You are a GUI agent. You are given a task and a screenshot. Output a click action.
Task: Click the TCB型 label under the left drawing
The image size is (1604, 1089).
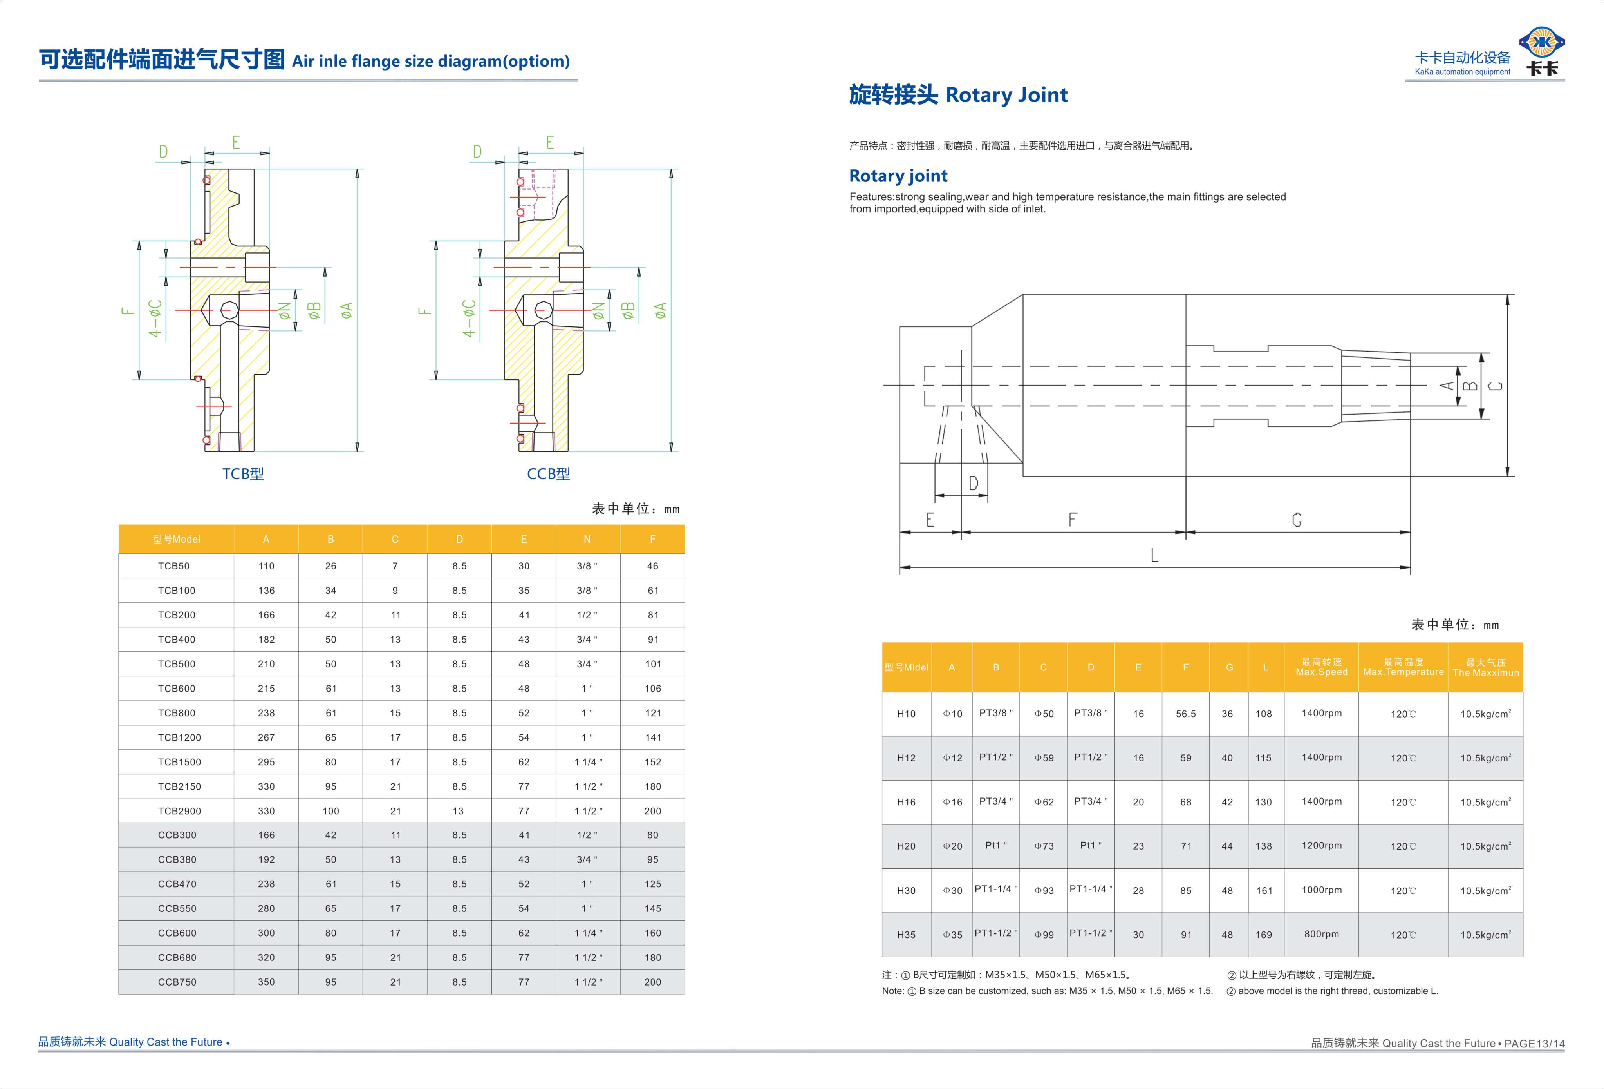click(x=243, y=474)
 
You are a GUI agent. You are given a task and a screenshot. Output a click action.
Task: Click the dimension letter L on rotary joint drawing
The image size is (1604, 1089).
click(x=1154, y=555)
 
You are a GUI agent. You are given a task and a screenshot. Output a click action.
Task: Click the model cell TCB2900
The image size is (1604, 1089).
click(x=179, y=811)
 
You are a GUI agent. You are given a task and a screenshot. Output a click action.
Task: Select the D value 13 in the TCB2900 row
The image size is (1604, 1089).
click(x=458, y=811)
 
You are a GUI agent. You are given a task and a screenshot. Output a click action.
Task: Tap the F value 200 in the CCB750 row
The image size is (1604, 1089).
click(x=652, y=982)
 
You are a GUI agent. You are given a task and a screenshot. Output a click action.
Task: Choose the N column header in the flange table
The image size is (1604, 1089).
click(x=587, y=539)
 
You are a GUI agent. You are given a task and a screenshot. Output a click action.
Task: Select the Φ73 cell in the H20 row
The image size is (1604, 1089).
click(x=1044, y=846)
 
